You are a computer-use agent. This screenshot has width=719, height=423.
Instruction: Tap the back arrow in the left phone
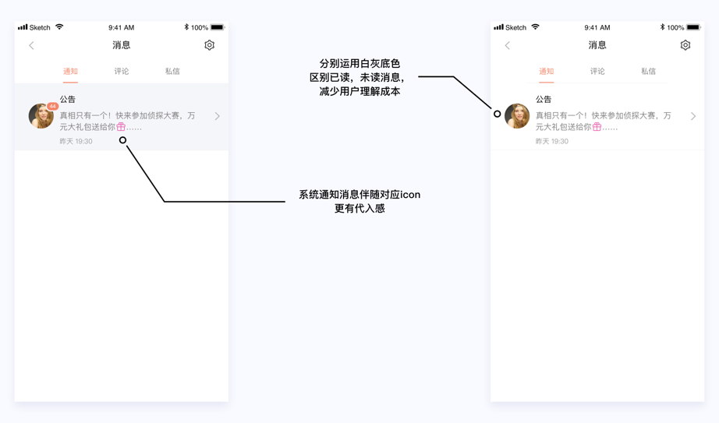pyautogui.click(x=31, y=45)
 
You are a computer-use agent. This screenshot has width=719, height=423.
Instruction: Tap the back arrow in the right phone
pyautogui.click(x=507, y=45)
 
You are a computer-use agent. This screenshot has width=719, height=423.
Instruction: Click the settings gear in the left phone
pyautogui.click(x=209, y=45)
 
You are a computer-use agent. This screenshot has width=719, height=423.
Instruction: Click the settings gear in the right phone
pyautogui.click(x=685, y=45)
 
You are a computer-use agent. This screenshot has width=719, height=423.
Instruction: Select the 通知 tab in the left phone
pyautogui.click(x=70, y=72)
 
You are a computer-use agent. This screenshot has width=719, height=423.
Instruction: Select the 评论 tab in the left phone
pyautogui.click(x=122, y=72)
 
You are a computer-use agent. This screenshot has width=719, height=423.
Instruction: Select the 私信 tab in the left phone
pyautogui.click(x=172, y=72)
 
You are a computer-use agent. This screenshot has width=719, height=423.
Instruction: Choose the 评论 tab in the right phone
pyautogui.click(x=597, y=72)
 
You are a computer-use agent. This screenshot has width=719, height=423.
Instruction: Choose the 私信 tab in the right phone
pyautogui.click(x=648, y=72)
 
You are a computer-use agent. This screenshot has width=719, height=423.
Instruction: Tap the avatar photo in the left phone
pyautogui.click(x=40, y=116)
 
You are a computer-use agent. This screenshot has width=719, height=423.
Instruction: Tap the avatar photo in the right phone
pyautogui.click(x=516, y=116)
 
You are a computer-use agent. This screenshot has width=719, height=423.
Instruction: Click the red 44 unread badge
pyautogui.click(x=52, y=106)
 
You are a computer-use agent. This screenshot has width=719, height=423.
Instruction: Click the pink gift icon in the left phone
pyautogui.click(x=121, y=126)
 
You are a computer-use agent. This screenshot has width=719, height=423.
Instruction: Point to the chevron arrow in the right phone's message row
pyautogui.click(x=692, y=116)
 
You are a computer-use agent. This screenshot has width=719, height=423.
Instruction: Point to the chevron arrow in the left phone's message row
pyautogui.click(x=217, y=116)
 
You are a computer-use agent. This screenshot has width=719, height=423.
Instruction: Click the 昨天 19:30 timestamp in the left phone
pyautogui.click(x=76, y=142)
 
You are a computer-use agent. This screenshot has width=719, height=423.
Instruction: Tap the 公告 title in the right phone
pyautogui.click(x=544, y=100)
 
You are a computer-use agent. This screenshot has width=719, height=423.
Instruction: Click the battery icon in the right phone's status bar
pyautogui.click(x=692, y=27)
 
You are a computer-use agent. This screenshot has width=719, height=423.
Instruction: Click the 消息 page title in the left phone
pyautogui.click(x=121, y=45)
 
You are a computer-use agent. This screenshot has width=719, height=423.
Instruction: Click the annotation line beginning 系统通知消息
pyautogui.click(x=359, y=195)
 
